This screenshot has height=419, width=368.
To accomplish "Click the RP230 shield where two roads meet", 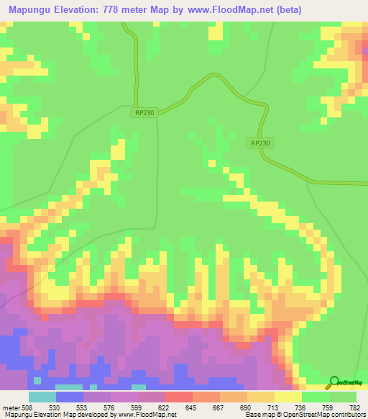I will coord(144,112).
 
